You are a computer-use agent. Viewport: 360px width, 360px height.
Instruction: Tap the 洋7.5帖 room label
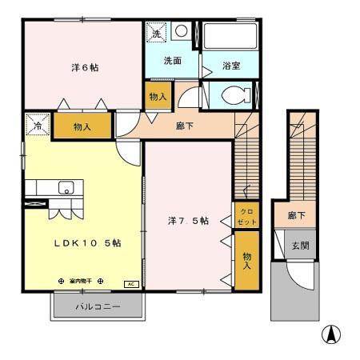189,221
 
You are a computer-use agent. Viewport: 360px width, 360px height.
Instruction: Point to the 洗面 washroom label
173,60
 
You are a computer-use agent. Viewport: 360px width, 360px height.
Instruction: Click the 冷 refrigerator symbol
36,125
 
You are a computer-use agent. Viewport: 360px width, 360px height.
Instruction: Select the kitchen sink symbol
65,188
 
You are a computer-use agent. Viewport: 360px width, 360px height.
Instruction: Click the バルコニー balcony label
98,306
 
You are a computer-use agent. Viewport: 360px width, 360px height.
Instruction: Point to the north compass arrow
330,334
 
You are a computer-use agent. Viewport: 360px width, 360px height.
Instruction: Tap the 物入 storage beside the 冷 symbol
82,126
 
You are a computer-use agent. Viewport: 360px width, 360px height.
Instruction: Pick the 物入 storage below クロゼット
246,260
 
